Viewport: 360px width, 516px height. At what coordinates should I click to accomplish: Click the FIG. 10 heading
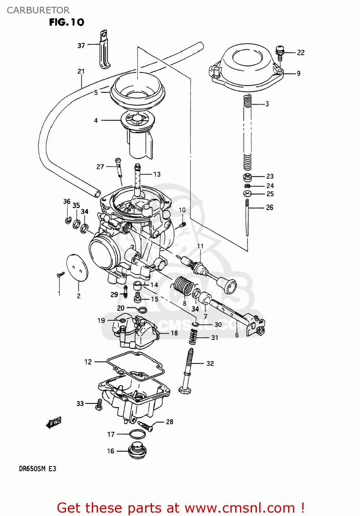[x=66, y=22]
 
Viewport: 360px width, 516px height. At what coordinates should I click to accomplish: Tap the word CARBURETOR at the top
[x=38, y=10]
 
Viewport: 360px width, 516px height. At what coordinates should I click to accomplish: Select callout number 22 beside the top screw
[x=301, y=53]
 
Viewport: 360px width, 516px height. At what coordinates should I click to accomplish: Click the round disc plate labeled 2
[x=77, y=268]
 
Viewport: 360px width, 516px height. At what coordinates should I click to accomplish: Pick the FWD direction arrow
[x=54, y=422]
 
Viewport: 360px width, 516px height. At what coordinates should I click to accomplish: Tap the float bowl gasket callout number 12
[x=88, y=362]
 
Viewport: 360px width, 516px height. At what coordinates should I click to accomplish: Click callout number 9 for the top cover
[x=298, y=73]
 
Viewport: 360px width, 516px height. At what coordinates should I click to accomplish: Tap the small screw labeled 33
[x=99, y=404]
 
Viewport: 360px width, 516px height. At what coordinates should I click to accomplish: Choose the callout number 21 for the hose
[x=81, y=71]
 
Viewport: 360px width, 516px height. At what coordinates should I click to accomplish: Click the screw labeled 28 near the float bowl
[x=146, y=426]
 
